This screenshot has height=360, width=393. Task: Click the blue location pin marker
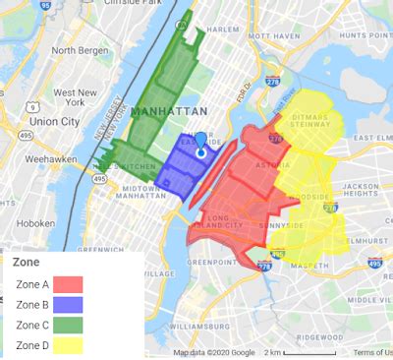[201, 145]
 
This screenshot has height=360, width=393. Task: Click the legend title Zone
[27, 264]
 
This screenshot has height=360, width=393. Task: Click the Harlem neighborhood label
[224, 30]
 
